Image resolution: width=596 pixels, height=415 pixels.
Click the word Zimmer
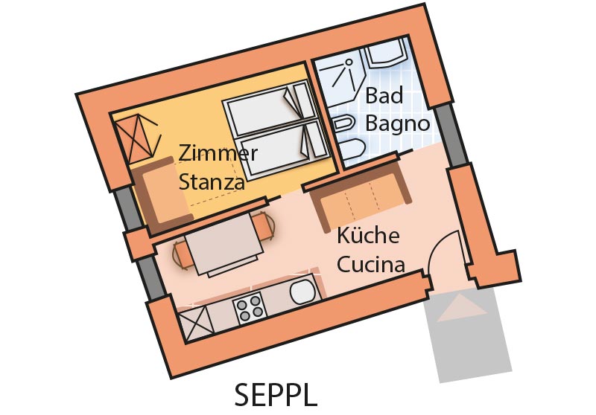[218, 154]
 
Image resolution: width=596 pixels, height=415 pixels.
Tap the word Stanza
[212, 181]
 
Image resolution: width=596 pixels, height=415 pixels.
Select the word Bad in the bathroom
[384, 96]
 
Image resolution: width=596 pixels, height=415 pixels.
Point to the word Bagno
[398, 123]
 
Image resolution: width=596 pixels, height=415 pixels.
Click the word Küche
[368, 237]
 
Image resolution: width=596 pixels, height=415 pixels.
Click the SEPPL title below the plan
[276, 393]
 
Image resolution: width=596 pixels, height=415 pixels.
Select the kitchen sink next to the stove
[303, 292]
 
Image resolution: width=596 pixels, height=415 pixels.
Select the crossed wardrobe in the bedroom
[139, 139]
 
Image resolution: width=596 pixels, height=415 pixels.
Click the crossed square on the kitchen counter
[192, 323]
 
